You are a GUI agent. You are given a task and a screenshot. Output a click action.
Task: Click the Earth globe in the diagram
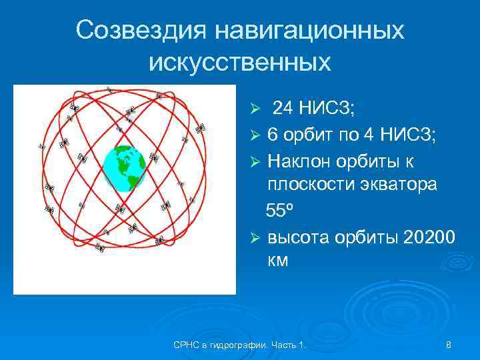pos(124,168)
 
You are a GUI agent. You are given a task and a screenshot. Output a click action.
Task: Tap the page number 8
pos(449,345)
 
